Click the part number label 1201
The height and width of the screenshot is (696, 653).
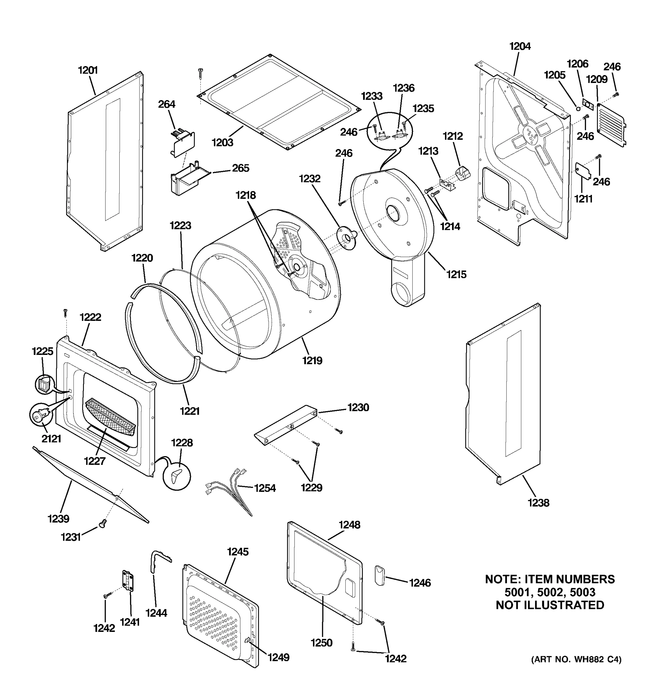click(88, 70)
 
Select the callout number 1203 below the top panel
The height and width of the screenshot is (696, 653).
click(222, 142)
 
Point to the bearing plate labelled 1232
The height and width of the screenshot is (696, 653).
click(344, 238)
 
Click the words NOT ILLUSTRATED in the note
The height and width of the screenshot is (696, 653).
click(550, 605)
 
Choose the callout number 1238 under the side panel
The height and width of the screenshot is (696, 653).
click(538, 503)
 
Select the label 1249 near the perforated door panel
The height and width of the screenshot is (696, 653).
click(279, 657)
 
